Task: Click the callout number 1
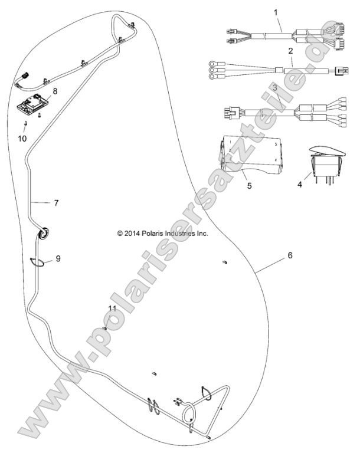click(x=276, y=12)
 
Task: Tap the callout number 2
click(x=290, y=51)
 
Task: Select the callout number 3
click(x=275, y=88)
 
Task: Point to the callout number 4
click(x=300, y=184)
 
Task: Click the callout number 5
click(x=249, y=185)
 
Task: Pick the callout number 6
click(x=290, y=255)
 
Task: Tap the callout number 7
click(x=56, y=203)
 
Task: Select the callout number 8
click(x=55, y=91)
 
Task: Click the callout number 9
click(x=58, y=258)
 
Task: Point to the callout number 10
click(x=22, y=139)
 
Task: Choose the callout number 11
click(x=112, y=308)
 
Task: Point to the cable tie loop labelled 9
click(x=38, y=262)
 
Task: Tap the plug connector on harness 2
click(x=342, y=71)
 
